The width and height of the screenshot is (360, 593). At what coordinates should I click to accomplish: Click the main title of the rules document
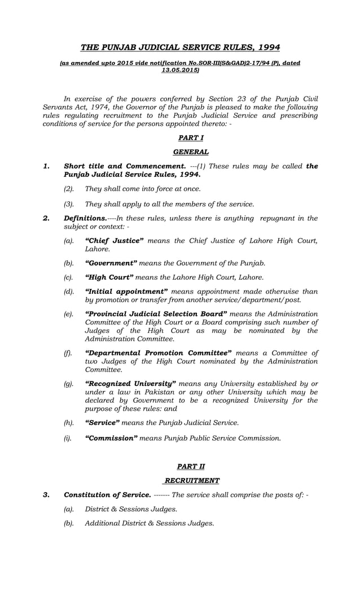tap(180, 47)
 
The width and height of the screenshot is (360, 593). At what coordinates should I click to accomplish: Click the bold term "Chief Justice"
tap(114, 241)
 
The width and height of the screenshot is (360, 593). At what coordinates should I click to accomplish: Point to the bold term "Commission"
tap(111, 438)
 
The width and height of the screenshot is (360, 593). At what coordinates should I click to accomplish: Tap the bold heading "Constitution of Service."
tap(107, 495)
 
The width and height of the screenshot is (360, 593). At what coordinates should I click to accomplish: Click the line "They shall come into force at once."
tap(142, 188)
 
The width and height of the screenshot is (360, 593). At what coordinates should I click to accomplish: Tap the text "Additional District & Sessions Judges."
tap(149, 523)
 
